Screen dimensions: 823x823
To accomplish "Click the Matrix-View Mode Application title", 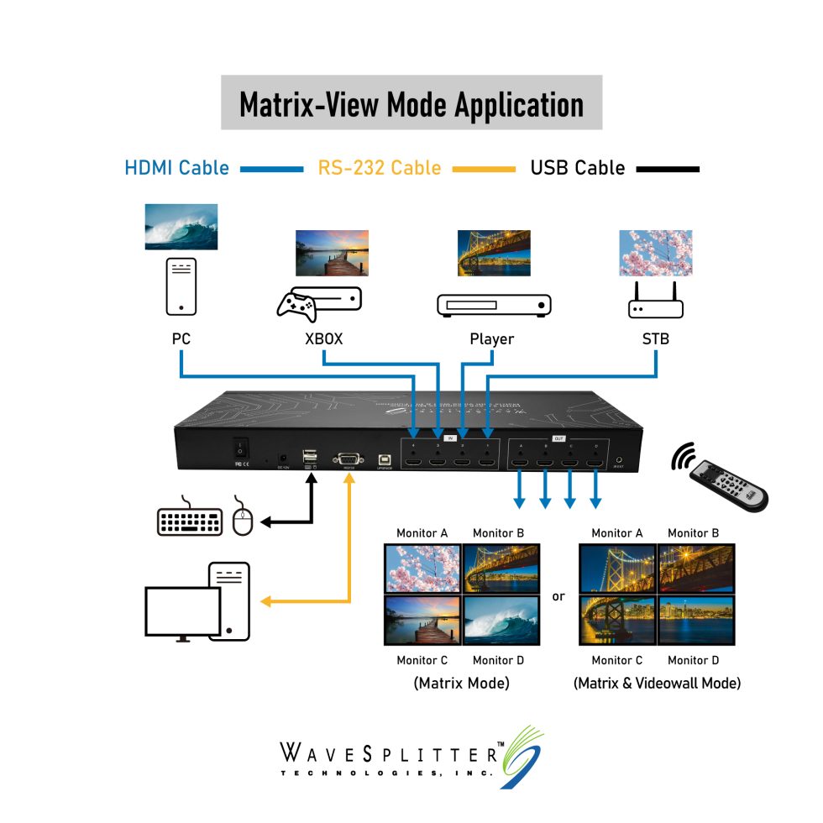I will tap(411, 103).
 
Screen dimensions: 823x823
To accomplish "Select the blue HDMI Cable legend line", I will tap(271, 169).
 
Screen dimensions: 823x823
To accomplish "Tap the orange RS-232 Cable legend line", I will tap(484, 169).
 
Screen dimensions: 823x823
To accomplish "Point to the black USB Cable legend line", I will tap(668, 169).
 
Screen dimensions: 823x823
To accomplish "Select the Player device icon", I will tap(494, 305).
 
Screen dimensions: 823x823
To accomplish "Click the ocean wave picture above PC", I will tap(181, 226).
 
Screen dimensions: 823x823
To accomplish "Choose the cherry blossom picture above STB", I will tap(655, 253).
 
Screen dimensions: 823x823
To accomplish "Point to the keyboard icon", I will tap(190, 520).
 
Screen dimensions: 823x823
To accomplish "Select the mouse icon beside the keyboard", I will tap(243, 517).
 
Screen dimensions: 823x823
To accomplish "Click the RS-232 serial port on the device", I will tap(348, 459).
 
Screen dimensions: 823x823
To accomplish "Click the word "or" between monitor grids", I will tap(558, 597).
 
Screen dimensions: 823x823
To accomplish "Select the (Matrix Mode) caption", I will tap(461, 684).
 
